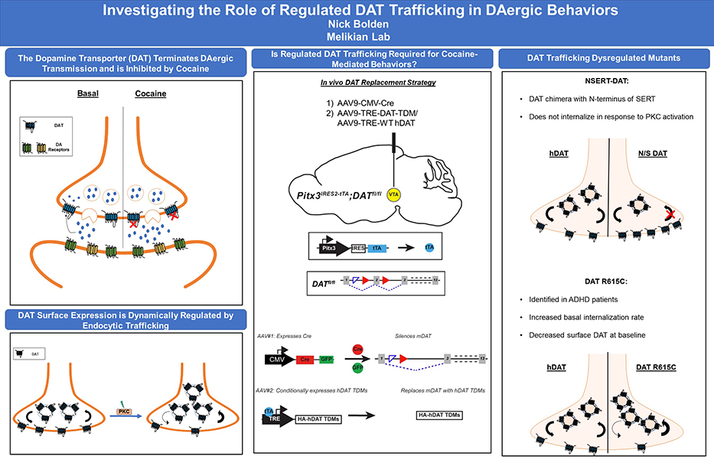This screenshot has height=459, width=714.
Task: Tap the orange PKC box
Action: pos(122,411)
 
